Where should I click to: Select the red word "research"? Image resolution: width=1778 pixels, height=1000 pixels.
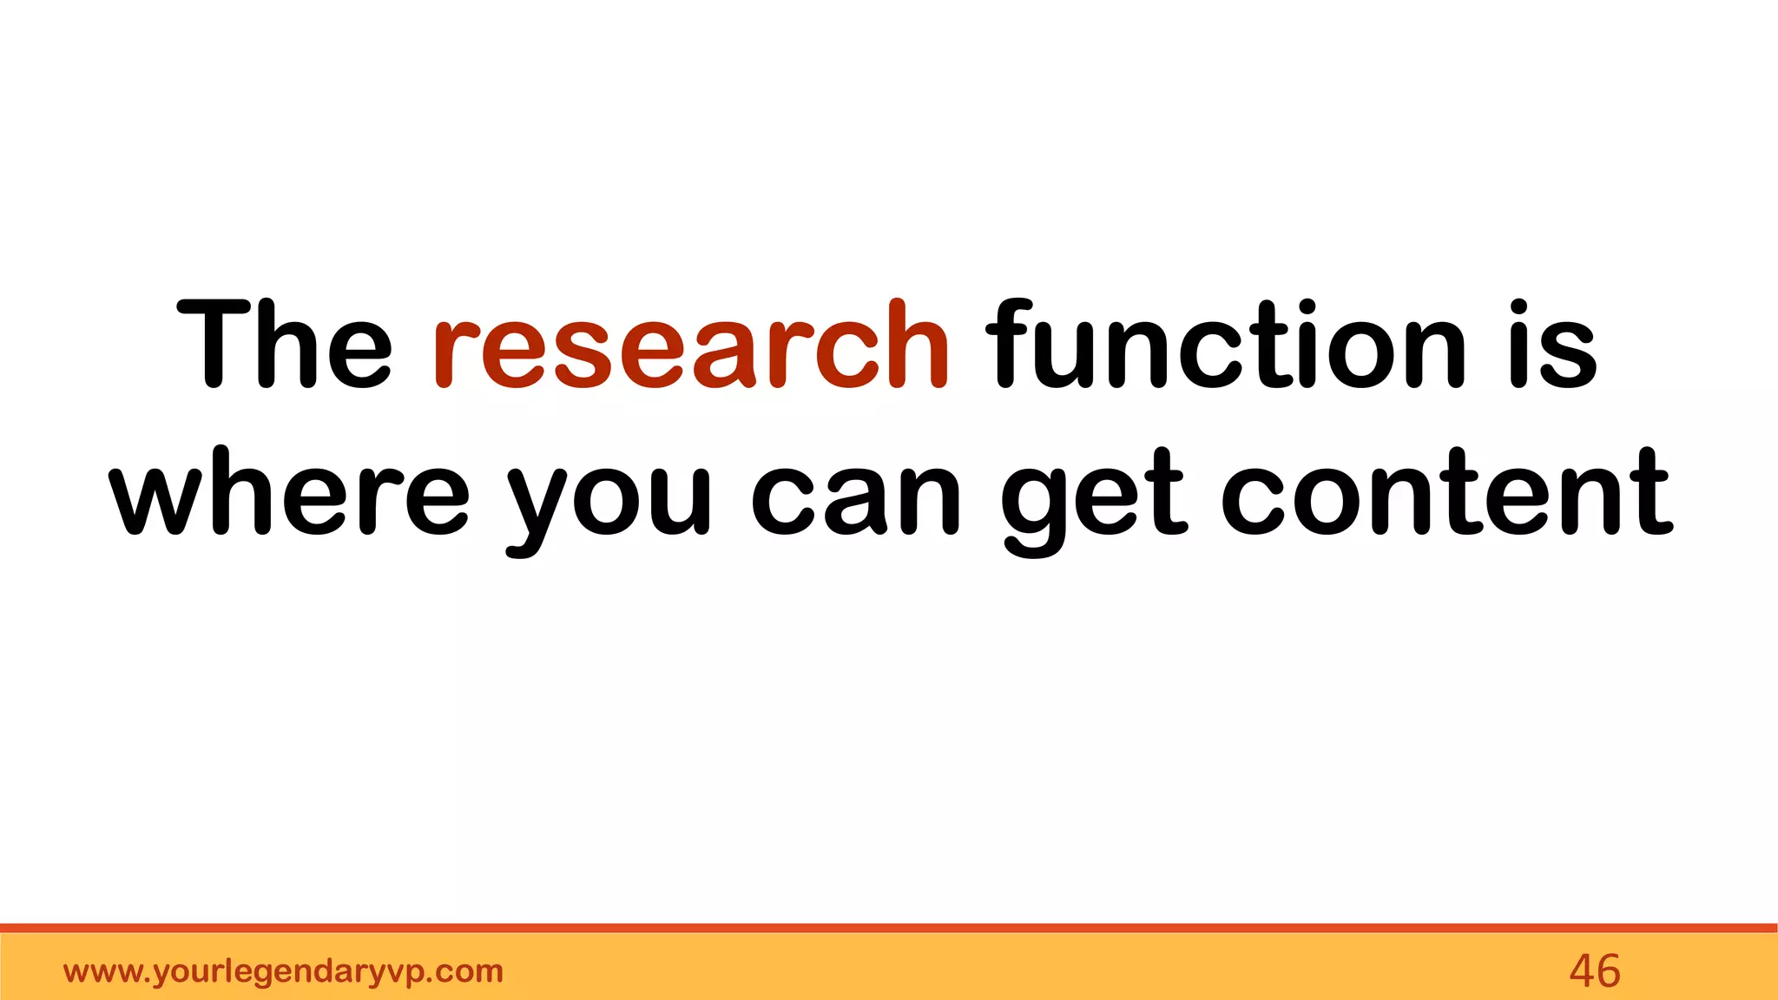pos(691,345)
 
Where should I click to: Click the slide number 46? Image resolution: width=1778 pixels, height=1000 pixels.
pos(1594,970)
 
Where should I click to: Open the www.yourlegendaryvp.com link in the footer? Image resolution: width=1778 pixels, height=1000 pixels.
pos(283,971)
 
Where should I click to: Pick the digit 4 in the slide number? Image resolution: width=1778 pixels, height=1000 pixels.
pos(1581,970)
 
